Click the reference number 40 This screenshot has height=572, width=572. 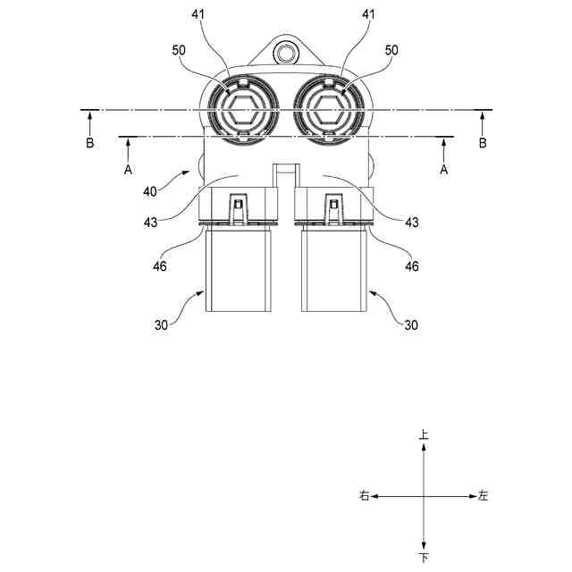tap(150, 191)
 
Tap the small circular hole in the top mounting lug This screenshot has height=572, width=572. tap(285, 53)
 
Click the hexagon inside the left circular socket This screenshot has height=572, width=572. tap(242, 109)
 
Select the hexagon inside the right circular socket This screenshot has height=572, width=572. tap(328, 109)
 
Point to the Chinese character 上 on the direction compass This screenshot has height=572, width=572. tap(423, 434)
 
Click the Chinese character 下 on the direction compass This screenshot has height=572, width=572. tap(424, 558)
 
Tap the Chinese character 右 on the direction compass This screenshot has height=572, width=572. tap(365, 496)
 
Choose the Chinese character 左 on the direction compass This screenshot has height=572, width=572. tap(483, 496)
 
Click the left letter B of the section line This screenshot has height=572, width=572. tap(89, 143)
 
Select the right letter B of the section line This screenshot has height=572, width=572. tap(483, 143)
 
